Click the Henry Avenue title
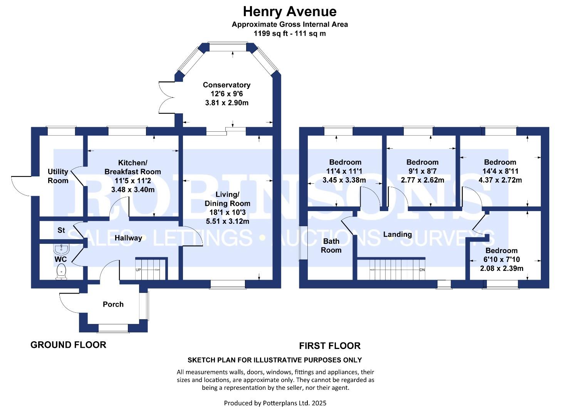(x=290, y=12)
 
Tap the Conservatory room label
(x=226, y=85)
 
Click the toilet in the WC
(x=61, y=272)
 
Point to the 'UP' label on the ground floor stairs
(x=138, y=270)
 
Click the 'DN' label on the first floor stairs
(x=422, y=270)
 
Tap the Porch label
(x=113, y=304)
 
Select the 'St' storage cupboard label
(x=61, y=230)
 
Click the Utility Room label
(x=58, y=176)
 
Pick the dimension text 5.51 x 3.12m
(x=227, y=221)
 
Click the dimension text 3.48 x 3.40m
(x=133, y=190)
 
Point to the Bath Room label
(x=331, y=246)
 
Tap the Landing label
(x=397, y=234)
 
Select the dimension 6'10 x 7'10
(x=501, y=260)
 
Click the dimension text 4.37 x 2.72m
(x=500, y=180)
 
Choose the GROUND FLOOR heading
(x=68, y=345)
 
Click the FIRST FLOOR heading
(x=330, y=346)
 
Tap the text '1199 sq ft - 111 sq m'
(x=290, y=34)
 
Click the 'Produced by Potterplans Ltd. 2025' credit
(x=275, y=403)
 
